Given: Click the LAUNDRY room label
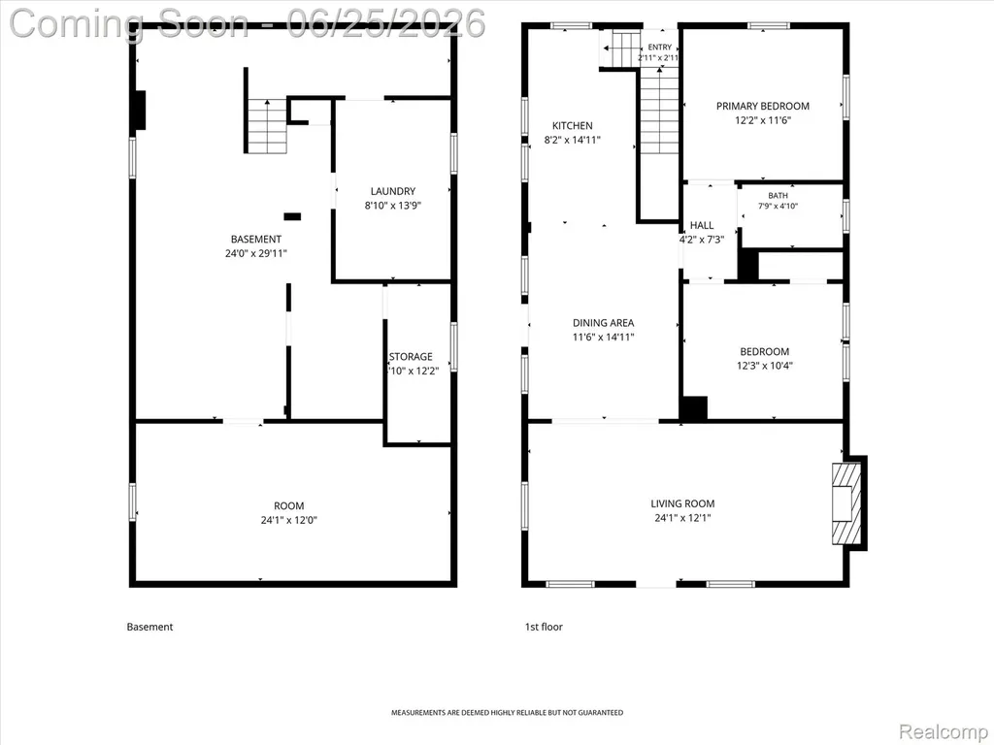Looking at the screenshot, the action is tap(393, 191).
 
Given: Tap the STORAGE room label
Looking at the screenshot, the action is tap(411, 357).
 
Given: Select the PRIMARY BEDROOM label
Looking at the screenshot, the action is tap(763, 107).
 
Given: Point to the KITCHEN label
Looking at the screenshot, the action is tap(573, 126).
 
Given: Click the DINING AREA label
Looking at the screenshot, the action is tap(604, 323).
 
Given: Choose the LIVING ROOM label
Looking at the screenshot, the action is tap(682, 503).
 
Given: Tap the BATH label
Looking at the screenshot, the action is tap(778, 196).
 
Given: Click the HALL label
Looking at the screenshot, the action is tap(702, 225).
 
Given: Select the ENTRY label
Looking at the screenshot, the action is tap(660, 48).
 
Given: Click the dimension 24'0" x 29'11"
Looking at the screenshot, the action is tap(256, 253).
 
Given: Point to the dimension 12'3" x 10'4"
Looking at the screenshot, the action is tap(765, 366).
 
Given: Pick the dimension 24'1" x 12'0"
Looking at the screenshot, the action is tap(289, 520).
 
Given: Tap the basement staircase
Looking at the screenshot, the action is tap(267, 126).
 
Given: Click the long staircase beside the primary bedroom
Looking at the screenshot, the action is tap(659, 112).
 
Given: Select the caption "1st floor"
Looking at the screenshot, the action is tap(544, 628).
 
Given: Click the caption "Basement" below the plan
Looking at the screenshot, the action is tap(149, 628).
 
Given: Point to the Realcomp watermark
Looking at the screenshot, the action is tap(944, 731).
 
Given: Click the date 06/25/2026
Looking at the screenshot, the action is tap(385, 24).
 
